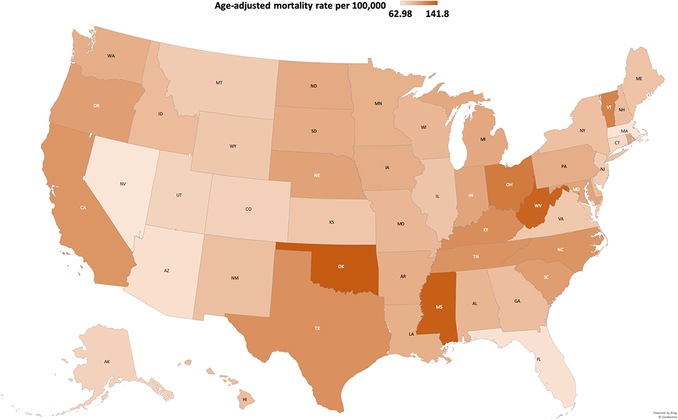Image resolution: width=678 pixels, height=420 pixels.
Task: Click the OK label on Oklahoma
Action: pos(341,266)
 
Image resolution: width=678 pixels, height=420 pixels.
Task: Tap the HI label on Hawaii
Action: pos(245,399)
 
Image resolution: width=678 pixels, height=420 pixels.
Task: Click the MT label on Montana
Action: pos(219,83)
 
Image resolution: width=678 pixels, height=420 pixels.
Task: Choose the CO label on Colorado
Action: pos(248,209)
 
